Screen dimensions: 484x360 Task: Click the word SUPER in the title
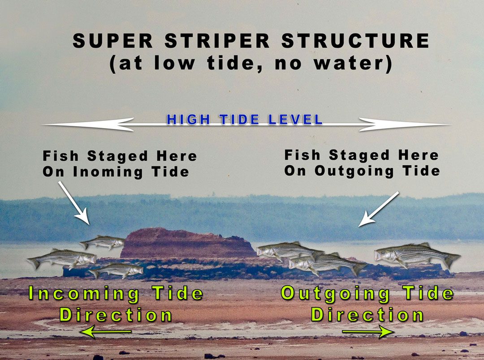(112, 40)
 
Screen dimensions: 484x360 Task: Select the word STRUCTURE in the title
(355, 40)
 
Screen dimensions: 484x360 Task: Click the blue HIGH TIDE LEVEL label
(245, 120)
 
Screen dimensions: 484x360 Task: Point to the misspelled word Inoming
(108, 172)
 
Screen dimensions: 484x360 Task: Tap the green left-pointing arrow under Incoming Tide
(105, 332)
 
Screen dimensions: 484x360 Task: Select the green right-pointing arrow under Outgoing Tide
(368, 332)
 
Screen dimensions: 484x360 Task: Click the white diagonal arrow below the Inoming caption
(74, 203)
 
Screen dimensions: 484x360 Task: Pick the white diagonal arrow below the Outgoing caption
(379, 209)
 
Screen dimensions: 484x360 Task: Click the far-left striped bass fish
(62, 258)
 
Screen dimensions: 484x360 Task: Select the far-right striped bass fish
(417, 254)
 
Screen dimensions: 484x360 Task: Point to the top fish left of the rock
(102, 242)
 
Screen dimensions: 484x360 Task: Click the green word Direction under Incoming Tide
(116, 315)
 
